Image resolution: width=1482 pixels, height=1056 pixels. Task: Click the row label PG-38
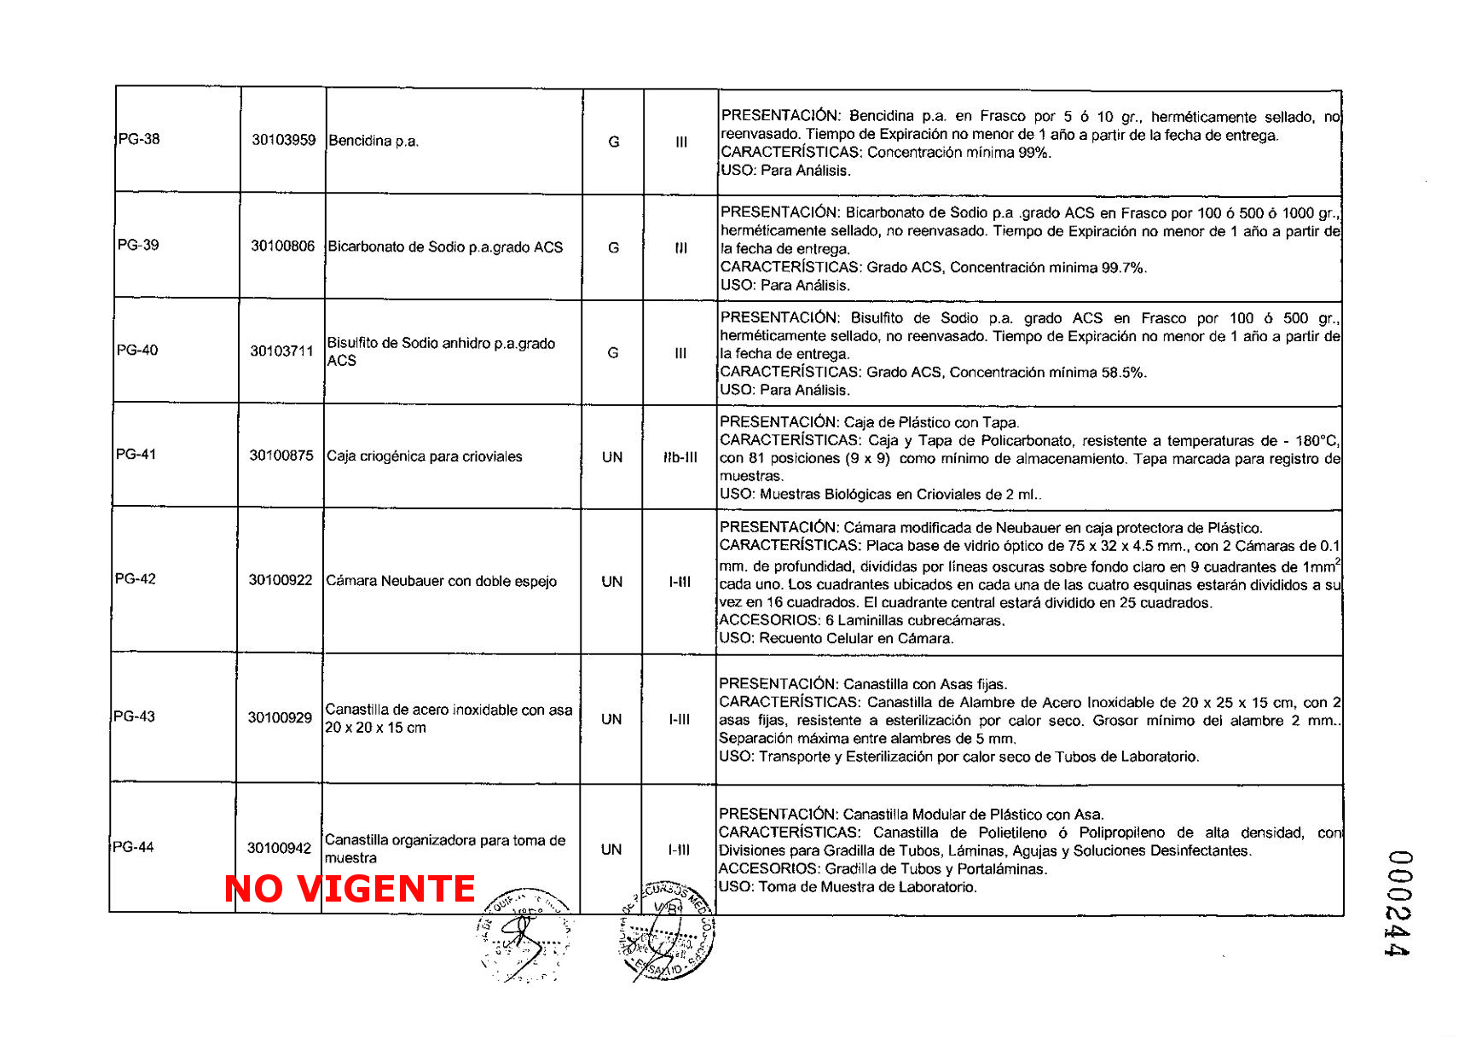click(139, 139)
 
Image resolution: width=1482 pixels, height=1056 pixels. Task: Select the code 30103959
click(283, 140)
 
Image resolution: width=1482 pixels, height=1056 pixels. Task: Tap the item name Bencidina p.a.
click(373, 141)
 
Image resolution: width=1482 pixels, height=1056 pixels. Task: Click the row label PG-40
click(137, 350)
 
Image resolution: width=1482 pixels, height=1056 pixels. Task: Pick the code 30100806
click(282, 246)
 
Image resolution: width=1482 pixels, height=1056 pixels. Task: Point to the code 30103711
click(281, 351)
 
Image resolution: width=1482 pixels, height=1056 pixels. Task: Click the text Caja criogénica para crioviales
click(425, 456)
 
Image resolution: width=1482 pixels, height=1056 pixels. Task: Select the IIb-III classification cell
click(680, 457)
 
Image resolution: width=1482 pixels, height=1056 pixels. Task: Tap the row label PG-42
click(136, 578)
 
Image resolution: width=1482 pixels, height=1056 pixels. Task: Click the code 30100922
click(281, 580)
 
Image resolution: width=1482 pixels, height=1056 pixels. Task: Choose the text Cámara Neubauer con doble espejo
click(442, 581)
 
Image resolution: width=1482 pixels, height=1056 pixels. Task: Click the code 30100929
click(280, 718)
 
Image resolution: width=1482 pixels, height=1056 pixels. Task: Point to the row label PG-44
click(134, 847)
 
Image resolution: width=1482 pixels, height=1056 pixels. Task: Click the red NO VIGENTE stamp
click(350, 889)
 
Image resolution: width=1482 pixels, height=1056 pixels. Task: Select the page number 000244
click(1398, 903)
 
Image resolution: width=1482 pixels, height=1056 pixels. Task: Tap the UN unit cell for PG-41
click(612, 457)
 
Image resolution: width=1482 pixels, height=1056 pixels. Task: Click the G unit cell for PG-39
click(613, 247)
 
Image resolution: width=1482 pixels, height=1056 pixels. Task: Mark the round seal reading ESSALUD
click(667, 931)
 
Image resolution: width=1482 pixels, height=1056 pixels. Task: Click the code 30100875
click(281, 455)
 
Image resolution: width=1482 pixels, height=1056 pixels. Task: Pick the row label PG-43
click(135, 717)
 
